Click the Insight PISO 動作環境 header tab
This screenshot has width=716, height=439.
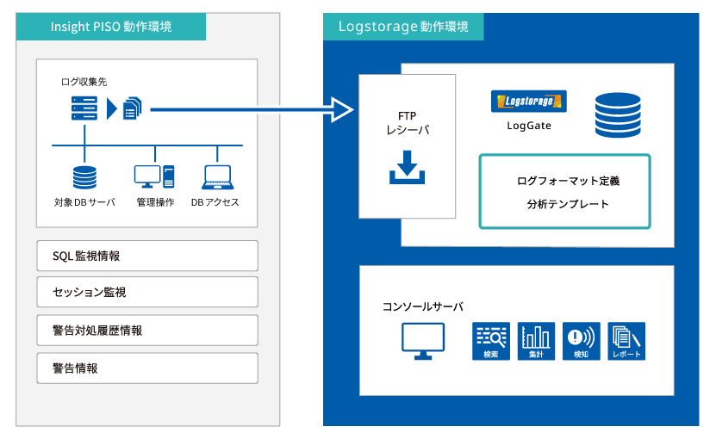[111, 27]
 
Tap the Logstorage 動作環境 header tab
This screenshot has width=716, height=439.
[403, 27]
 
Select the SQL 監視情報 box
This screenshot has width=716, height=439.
[147, 256]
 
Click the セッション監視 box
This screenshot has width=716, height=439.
[147, 292]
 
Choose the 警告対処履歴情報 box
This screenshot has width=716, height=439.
[147, 330]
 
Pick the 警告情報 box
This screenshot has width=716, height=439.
[147, 368]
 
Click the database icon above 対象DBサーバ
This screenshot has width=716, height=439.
[85, 177]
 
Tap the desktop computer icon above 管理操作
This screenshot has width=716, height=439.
[154, 176]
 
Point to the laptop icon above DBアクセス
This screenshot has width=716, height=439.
[218, 177]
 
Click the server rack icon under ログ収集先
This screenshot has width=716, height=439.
[84, 108]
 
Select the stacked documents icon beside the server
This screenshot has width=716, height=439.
[133, 108]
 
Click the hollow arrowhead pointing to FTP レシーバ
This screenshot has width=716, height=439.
[341, 109]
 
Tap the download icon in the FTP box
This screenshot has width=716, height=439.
[407, 168]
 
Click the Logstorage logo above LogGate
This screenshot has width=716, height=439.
[529, 102]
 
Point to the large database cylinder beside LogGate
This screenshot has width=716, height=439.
[618, 115]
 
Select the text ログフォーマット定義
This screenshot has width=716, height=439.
[568, 181]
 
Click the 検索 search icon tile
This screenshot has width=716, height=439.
[491, 342]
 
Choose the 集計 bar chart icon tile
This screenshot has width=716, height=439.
[536, 342]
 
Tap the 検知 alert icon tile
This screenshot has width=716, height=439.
[582, 342]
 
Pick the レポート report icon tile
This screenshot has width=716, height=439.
[626, 342]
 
